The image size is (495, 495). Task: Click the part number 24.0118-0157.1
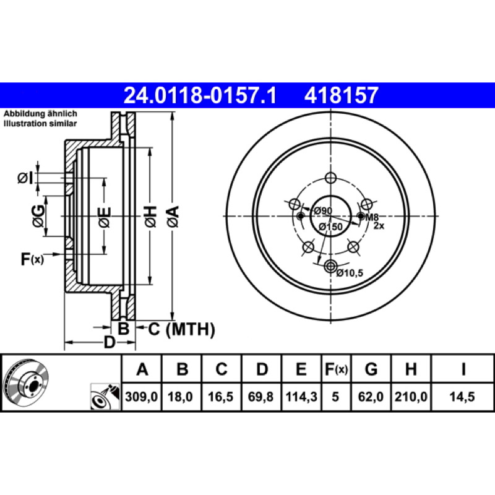200,95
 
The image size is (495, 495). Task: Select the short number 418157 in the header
341,95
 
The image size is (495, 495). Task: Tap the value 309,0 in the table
142,397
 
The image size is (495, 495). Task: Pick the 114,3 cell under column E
301,397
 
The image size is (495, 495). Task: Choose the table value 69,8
260,397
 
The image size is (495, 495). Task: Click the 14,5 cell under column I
462,397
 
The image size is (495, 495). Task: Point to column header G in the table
371,369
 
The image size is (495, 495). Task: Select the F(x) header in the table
336,369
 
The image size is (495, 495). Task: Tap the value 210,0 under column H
411,397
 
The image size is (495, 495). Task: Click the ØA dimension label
173,216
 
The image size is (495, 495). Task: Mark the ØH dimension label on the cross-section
150,216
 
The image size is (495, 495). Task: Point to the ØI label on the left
25,178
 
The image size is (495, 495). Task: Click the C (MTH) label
181,329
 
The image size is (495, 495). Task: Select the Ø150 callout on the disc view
330,226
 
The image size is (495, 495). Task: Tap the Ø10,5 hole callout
350,272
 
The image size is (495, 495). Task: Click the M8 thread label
372,217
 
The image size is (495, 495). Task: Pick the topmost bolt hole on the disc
330,178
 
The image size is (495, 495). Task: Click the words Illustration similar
40,123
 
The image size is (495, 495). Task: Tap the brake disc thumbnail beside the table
27,382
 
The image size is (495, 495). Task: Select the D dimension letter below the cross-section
110,342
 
